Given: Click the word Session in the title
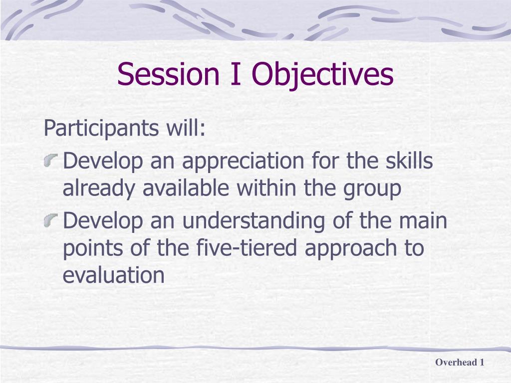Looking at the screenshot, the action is [168, 74].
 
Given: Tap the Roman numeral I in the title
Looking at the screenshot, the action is [236, 74].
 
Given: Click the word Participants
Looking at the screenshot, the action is [101, 128].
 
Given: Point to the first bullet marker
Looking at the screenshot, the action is [51, 161].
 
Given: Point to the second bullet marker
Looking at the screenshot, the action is [51, 220].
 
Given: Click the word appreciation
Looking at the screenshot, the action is [243, 162].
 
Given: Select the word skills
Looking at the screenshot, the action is [409, 160].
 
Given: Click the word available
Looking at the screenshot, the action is [186, 188].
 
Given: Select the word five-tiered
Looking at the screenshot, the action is [247, 247].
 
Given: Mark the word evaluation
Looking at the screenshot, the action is [113, 275].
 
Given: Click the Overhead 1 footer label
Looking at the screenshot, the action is [460, 362].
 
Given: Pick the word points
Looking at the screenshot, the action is [92, 248].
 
